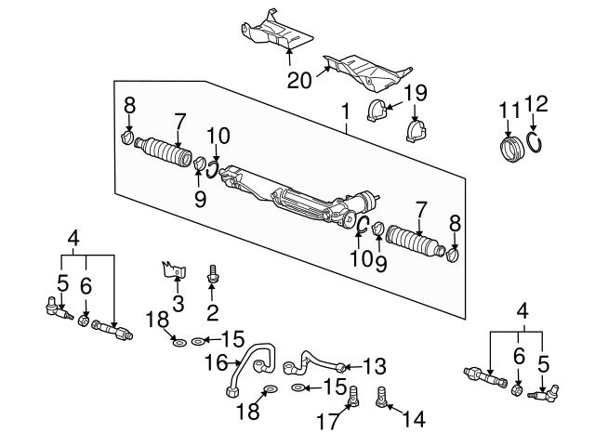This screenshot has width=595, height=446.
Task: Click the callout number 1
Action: click(345, 114)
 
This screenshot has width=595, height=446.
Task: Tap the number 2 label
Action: click(213, 311)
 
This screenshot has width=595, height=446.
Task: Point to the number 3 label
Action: click(178, 303)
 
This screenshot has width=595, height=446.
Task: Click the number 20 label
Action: click(297, 81)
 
